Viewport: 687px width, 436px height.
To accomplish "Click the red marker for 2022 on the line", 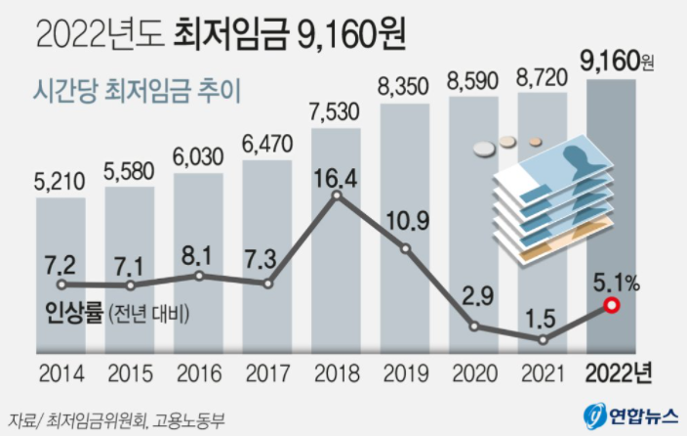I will (x=612, y=306).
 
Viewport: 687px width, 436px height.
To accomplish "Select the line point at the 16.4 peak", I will (x=337, y=196).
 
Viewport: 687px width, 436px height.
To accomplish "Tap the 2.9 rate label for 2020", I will (x=474, y=294).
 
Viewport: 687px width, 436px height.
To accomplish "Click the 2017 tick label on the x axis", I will (x=267, y=372).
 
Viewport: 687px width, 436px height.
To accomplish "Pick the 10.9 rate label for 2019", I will (x=407, y=222).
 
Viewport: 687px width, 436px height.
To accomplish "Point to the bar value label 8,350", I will (x=405, y=86).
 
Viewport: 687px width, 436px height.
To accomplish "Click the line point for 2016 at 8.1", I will (x=199, y=276).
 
